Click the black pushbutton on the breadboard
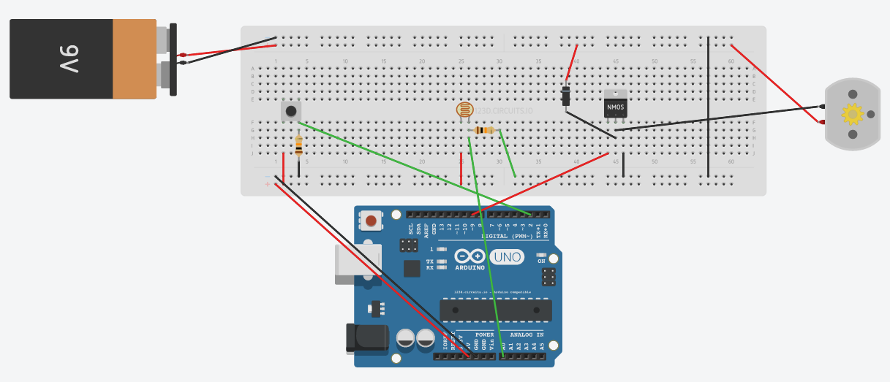pyautogui.click(x=291, y=111)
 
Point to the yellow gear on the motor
pyautogui.click(x=852, y=115)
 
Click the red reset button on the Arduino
pyautogui.click(x=372, y=221)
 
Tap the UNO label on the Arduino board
pyautogui.click(x=507, y=257)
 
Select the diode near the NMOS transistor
pyautogui.click(x=566, y=96)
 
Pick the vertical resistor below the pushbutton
pyautogui.click(x=298, y=147)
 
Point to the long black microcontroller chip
pyautogui.click(x=496, y=310)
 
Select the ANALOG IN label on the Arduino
pyautogui.click(x=522, y=335)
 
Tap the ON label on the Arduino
pyautogui.click(x=541, y=261)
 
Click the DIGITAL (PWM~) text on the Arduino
pyautogui.click(x=507, y=236)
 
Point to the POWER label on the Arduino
pyautogui.click(x=475, y=335)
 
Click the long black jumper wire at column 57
pyautogui.click(x=708, y=106)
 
